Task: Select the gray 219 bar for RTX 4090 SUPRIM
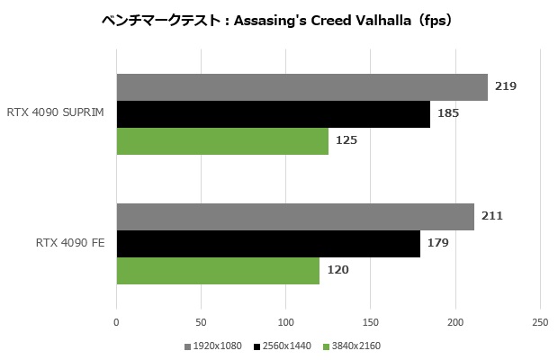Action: [x=301, y=87]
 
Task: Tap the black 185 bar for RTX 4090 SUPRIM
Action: [x=273, y=114]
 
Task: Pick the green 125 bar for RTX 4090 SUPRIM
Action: [x=222, y=141]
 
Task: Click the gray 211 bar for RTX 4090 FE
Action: [x=295, y=217]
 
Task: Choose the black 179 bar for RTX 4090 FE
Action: [x=268, y=244]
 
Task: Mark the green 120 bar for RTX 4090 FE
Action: [x=218, y=271]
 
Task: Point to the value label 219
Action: [x=506, y=86]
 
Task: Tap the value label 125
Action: [x=346, y=140]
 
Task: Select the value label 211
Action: [x=492, y=216]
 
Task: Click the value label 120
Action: [x=337, y=270]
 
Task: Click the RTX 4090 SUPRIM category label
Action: [x=55, y=114]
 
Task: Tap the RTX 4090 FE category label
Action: [x=70, y=244]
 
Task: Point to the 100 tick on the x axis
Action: [x=286, y=321]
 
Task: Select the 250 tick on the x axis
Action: [x=540, y=321]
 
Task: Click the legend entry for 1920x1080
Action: [x=213, y=346]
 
